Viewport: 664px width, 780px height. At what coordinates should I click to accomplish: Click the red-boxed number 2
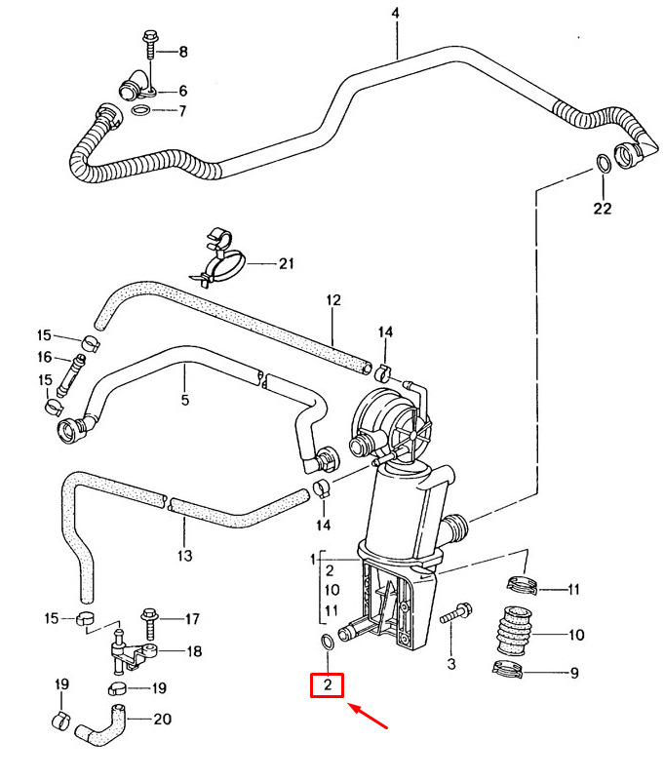[328, 685]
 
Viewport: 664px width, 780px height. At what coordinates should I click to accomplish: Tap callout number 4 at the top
[396, 13]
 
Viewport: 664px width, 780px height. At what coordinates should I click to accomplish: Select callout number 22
[603, 209]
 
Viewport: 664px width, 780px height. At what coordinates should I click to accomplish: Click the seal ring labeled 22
[604, 163]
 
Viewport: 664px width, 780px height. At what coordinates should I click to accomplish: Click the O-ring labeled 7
[141, 110]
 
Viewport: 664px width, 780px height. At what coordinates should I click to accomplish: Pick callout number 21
[287, 263]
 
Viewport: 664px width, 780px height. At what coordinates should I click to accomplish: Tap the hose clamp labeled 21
[218, 259]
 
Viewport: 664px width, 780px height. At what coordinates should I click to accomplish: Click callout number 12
[333, 300]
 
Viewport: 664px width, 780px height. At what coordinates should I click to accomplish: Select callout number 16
[44, 357]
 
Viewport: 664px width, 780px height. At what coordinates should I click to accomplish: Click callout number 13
[184, 556]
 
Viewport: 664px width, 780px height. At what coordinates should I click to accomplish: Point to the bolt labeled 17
[149, 623]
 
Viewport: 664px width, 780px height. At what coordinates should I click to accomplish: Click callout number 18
[194, 651]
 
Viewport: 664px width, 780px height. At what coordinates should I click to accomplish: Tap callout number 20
[162, 720]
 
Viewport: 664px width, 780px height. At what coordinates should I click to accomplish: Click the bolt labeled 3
[456, 613]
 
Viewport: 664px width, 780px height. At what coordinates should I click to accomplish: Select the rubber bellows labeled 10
[514, 631]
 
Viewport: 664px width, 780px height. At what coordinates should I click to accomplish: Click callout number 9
[574, 673]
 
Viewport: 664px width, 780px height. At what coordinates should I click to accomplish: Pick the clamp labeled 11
[523, 584]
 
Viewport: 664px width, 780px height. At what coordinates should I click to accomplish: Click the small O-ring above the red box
[328, 642]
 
